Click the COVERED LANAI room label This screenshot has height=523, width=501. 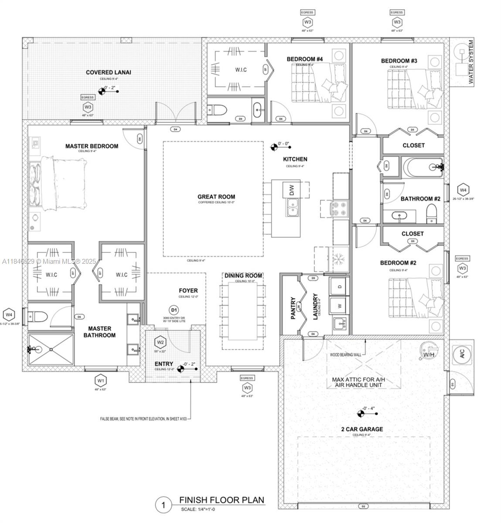(108, 72)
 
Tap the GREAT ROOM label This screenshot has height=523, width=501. (216, 197)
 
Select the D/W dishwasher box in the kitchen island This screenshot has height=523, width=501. (292, 190)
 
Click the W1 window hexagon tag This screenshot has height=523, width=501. (101, 380)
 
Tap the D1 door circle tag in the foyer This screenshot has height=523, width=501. (174, 310)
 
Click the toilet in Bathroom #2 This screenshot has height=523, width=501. (431, 214)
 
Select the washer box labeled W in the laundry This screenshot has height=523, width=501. (339, 305)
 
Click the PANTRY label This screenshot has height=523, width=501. (293, 308)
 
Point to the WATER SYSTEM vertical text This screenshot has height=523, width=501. (471, 62)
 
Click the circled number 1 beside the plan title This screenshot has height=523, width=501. (164, 505)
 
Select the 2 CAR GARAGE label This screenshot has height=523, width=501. (362, 429)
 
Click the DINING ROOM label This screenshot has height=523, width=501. (243, 275)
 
